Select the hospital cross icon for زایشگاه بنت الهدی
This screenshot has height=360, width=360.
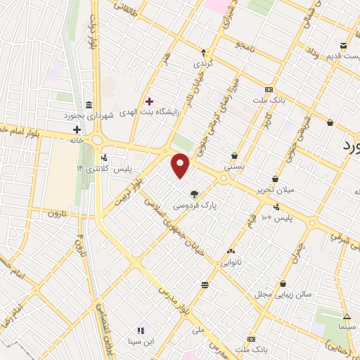[149, 101]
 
